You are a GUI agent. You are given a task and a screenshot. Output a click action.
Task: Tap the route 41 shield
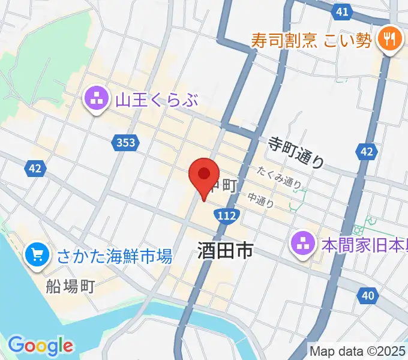pos(341,11)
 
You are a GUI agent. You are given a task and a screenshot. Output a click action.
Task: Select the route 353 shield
pos(124,143)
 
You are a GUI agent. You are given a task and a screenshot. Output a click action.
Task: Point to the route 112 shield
pos(229,214)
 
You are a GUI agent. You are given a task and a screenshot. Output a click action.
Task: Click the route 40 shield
pos(368,295)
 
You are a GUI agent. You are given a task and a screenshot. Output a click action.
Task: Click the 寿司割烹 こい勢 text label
pos(311,41)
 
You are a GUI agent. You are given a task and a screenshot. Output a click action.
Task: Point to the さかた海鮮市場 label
pos(115,257)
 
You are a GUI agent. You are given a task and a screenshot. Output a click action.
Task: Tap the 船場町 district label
pos(71,285)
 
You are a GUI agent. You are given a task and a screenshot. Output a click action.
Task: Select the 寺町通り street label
pos(296,152)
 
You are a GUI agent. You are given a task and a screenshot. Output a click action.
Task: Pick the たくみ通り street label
pos(279,177)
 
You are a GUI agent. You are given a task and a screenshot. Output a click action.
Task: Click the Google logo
pos(40,345)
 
